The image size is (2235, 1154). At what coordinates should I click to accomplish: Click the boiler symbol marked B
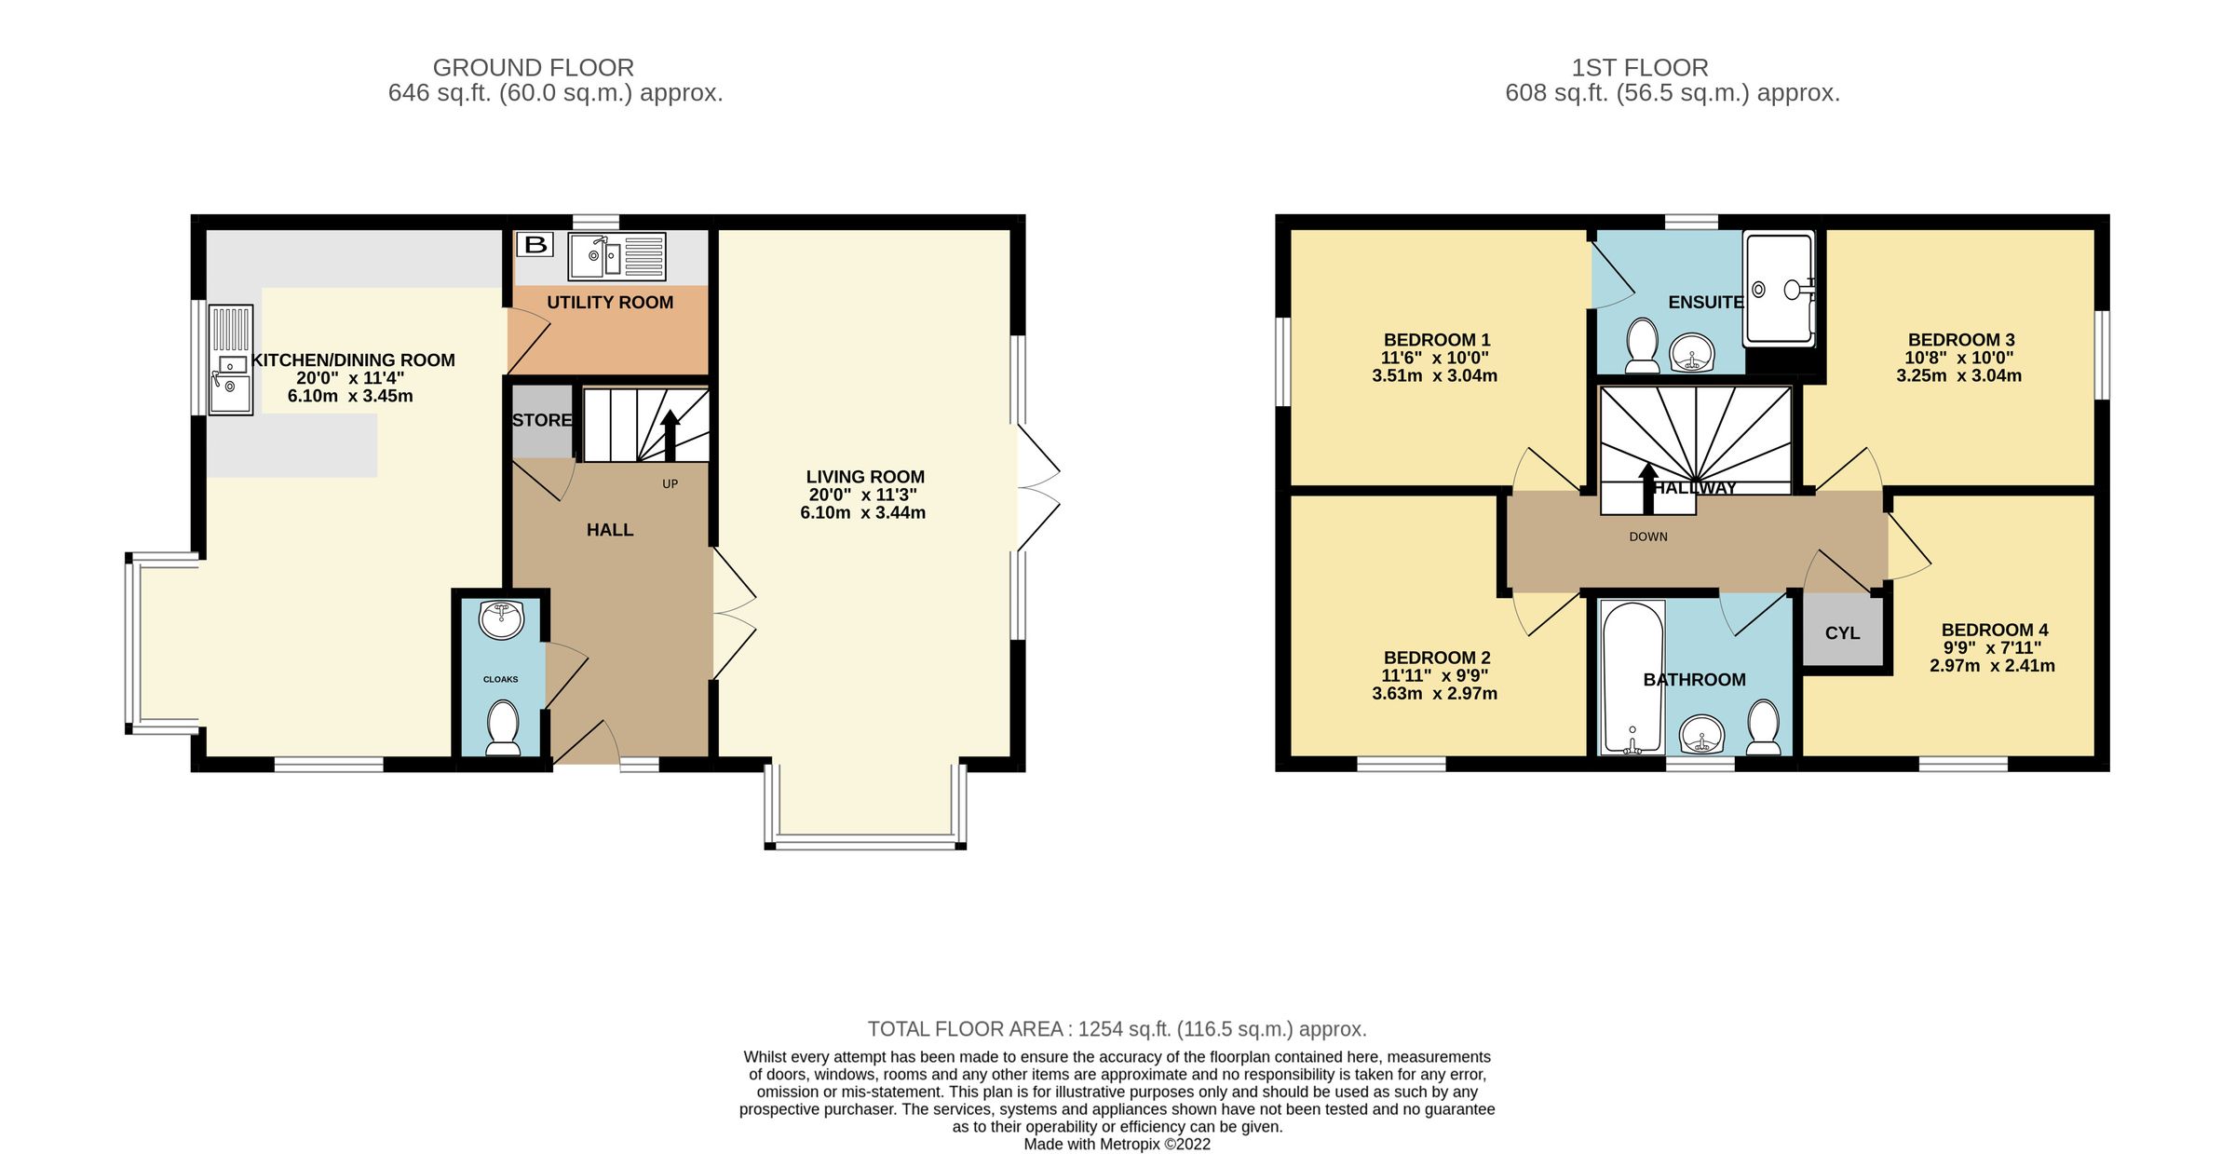click(535, 245)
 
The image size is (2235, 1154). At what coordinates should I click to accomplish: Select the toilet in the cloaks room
click(503, 727)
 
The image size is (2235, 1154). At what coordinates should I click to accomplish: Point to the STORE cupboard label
click(542, 420)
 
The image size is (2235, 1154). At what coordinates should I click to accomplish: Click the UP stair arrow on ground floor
click(670, 434)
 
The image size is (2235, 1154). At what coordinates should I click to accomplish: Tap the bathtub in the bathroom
click(1632, 676)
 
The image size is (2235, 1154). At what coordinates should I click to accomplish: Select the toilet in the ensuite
click(1641, 344)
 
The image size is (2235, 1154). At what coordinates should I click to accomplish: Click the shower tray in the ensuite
click(1779, 288)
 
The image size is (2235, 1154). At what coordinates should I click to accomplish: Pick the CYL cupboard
click(1842, 633)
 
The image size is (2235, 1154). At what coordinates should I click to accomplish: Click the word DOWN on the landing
click(1648, 536)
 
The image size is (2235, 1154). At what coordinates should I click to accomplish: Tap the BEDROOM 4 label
click(1994, 630)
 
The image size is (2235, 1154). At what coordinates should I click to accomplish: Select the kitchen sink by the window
click(230, 383)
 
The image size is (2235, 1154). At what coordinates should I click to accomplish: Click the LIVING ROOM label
click(865, 477)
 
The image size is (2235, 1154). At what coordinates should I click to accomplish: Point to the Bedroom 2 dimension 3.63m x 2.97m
click(1434, 693)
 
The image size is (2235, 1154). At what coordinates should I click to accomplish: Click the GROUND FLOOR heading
click(533, 68)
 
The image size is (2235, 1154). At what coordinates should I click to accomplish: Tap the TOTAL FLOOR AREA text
click(1117, 1028)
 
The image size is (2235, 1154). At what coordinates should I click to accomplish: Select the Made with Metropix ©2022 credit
click(1117, 1144)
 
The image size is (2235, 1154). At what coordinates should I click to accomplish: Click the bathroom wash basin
click(1702, 735)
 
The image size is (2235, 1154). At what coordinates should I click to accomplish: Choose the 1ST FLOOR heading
click(1639, 68)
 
